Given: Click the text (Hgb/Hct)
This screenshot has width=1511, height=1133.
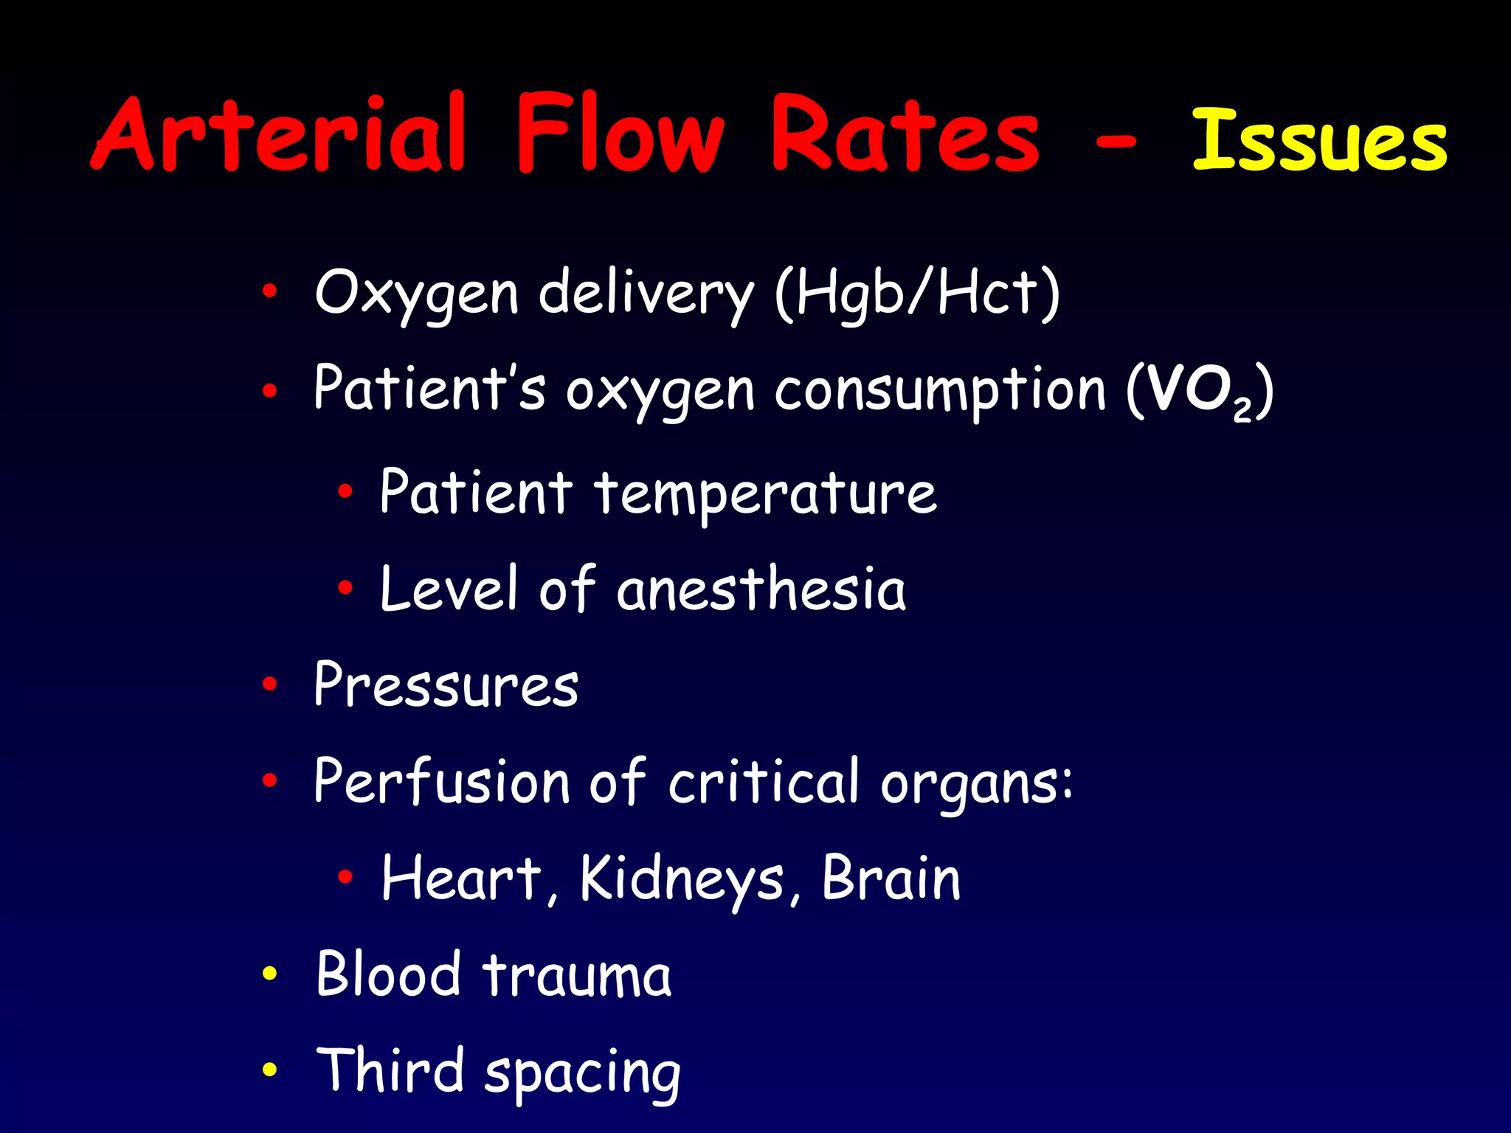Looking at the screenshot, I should (x=918, y=294).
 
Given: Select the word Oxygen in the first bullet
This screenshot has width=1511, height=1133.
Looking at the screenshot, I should (x=417, y=294).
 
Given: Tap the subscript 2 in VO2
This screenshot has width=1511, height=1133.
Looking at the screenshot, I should (x=1242, y=410).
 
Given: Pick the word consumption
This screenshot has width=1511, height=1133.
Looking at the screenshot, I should (x=940, y=391).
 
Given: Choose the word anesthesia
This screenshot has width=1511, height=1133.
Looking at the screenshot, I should (x=761, y=589).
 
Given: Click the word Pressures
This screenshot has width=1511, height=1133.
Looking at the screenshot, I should (x=446, y=685).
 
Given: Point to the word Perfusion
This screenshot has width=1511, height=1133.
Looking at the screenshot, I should (x=442, y=782).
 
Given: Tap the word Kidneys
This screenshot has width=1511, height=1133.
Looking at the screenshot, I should (x=682, y=879).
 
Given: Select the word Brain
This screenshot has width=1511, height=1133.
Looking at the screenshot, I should (x=891, y=878).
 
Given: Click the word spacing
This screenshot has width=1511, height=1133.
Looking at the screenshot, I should (x=583, y=1073).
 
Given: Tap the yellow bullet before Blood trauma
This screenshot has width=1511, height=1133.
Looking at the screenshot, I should (x=270, y=974).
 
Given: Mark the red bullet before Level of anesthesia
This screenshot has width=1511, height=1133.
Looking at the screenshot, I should (x=345, y=588).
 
